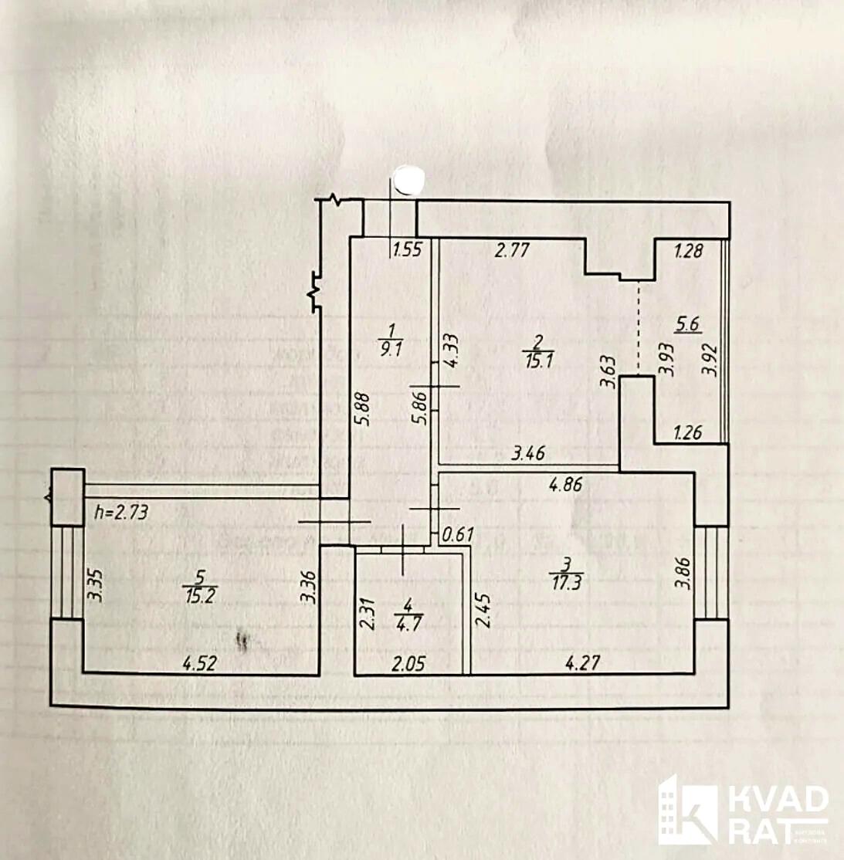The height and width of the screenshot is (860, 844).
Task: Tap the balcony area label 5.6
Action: click(x=686, y=325)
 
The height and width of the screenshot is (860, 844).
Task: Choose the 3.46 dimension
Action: click(x=528, y=453)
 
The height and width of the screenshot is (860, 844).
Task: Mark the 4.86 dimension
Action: click(x=565, y=486)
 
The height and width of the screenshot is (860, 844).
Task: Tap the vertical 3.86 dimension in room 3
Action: click(x=681, y=574)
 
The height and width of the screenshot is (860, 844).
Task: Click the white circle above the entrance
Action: click(x=408, y=180)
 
